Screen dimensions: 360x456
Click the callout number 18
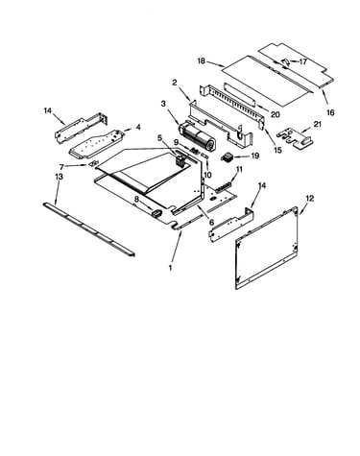[x=202, y=60]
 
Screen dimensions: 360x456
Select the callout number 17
[x=303, y=61]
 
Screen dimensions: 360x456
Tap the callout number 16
[x=330, y=112]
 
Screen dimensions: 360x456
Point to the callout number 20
[x=276, y=114]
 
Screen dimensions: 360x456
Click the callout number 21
[x=318, y=124]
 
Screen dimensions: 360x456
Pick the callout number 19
[x=255, y=156]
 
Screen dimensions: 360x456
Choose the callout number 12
[x=310, y=199]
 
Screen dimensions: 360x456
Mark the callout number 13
[x=59, y=177]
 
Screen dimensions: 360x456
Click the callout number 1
[x=171, y=268]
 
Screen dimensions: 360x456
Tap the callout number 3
[x=163, y=104]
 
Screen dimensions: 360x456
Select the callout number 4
[x=138, y=127]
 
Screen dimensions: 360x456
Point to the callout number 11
[x=239, y=169]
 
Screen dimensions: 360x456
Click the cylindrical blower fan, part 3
[x=196, y=135]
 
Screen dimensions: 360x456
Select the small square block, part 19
[x=227, y=157]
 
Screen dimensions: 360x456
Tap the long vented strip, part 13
[x=89, y=229]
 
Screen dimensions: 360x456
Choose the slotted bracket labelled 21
[x=294, y=138]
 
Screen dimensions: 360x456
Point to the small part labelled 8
[x=156, y=213]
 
